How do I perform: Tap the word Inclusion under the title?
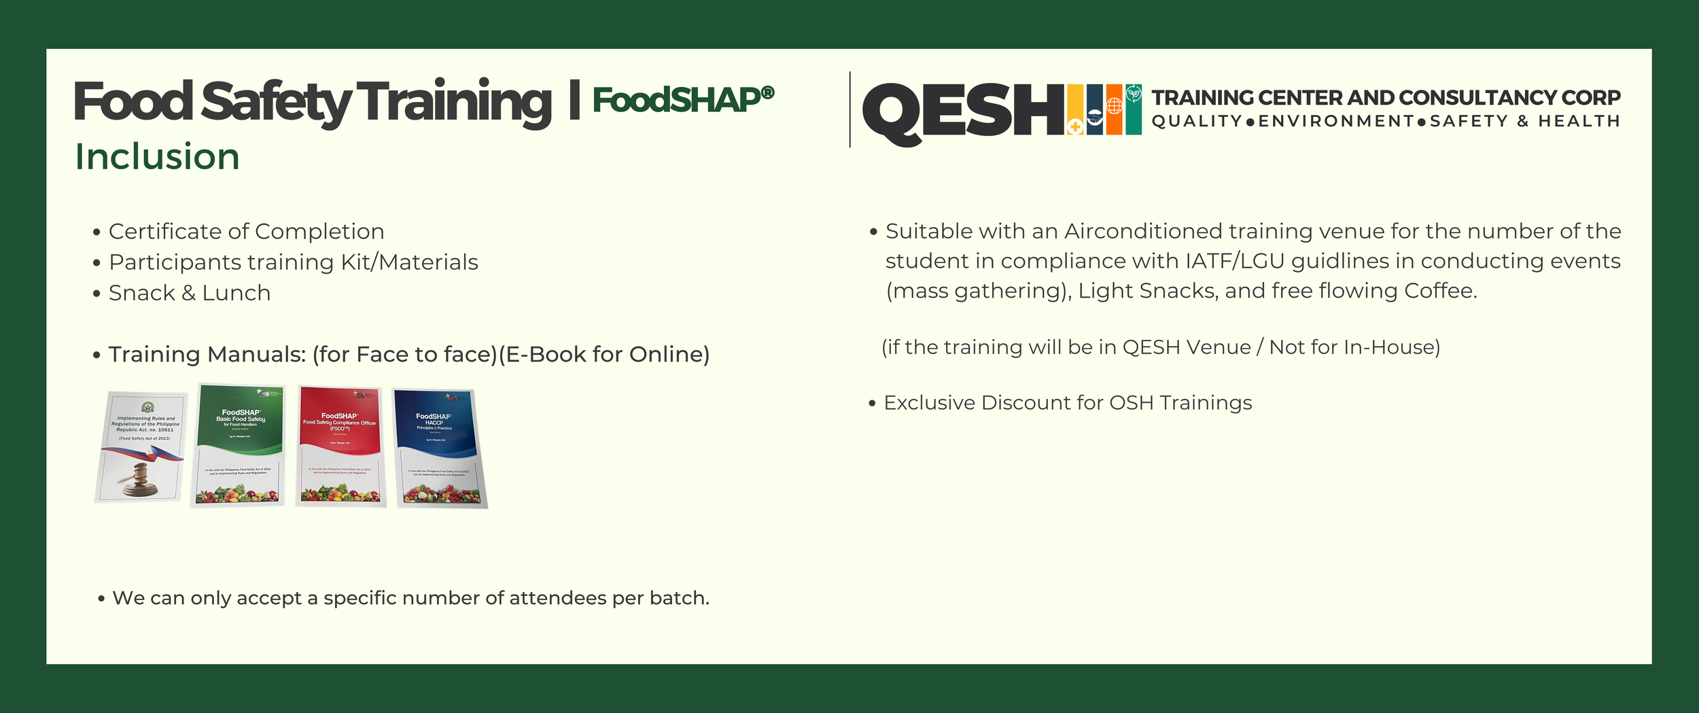[x=157, y=157]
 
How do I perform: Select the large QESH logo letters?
[x=962, y=111]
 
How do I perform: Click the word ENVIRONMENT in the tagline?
[x=1336, y=122]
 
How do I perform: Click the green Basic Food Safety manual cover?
[x=239, y=445]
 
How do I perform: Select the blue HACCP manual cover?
[x=440, y=448]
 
